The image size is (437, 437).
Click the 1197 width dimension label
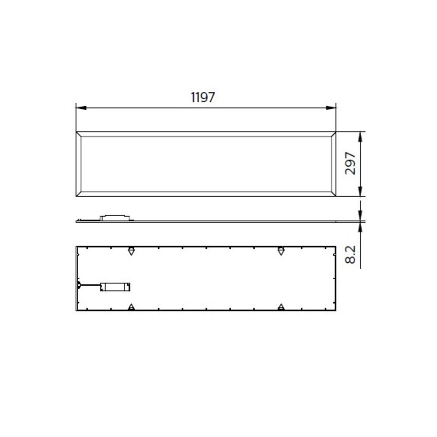[203, 97]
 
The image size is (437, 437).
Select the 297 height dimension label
[350, 163]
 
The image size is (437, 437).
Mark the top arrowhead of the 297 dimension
[360, 136]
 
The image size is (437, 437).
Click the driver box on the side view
[115, 217]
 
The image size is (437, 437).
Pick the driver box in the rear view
[115, 287]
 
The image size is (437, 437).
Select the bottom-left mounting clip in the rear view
[131, 307]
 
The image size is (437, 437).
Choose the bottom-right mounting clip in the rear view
[281, 307]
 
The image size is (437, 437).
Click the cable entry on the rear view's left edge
[78, 285]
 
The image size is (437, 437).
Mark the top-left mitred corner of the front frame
[79, 134]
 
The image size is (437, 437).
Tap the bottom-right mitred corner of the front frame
[333, 194]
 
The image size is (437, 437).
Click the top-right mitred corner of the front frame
[333, 134]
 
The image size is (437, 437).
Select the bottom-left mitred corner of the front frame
[79, 194]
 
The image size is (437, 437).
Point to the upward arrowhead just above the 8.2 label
[360, 226]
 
